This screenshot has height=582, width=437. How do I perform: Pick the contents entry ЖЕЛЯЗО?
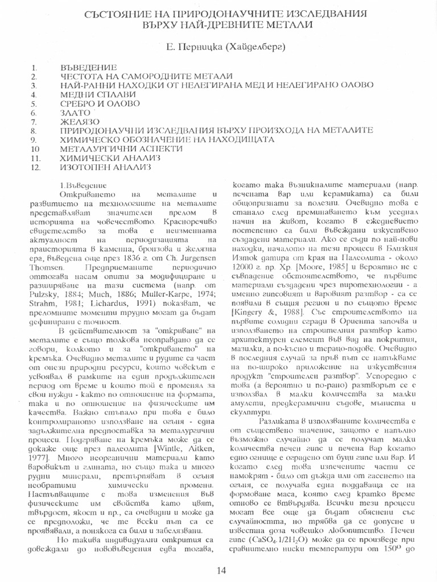point(80,122)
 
